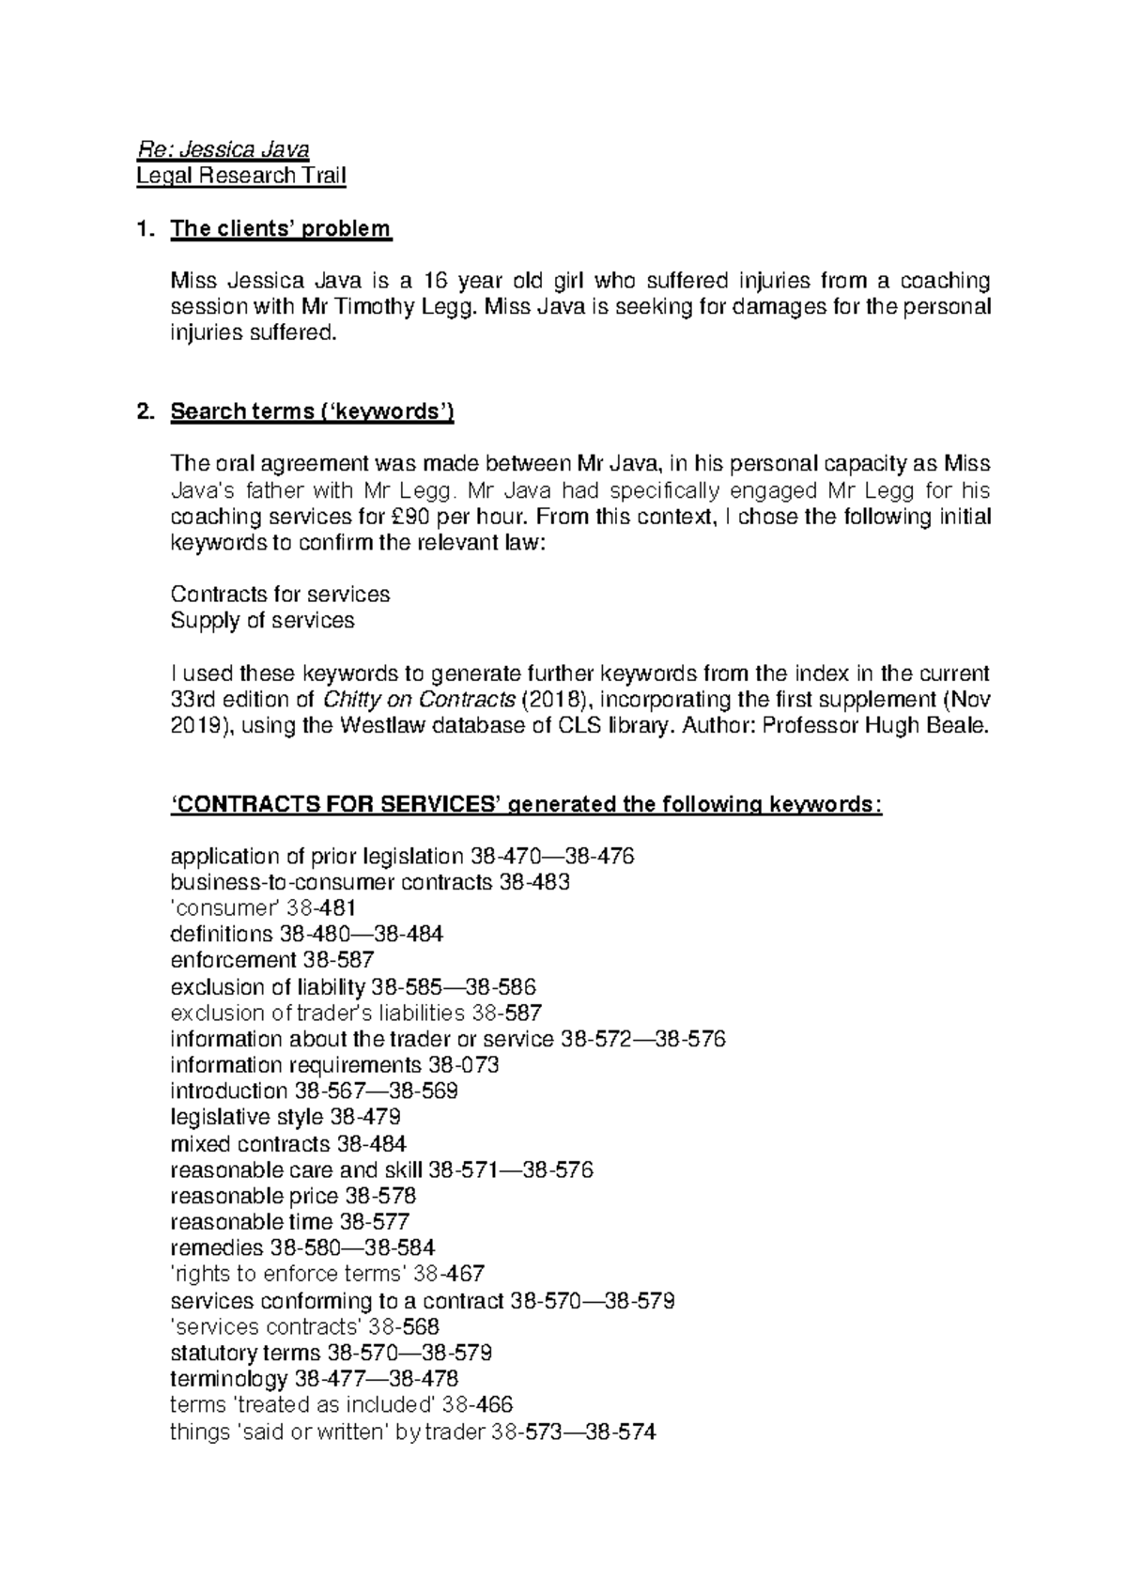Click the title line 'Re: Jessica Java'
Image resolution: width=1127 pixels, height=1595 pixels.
tap(223, 149)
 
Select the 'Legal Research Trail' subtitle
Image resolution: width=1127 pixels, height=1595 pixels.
tap(240, 176)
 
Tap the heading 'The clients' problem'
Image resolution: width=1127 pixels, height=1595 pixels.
tap(280, 228)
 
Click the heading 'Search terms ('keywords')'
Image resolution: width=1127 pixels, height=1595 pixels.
tap(312, 412)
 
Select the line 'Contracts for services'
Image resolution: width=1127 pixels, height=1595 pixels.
tap(280, 595)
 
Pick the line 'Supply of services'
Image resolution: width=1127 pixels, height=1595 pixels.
tap(262, 621)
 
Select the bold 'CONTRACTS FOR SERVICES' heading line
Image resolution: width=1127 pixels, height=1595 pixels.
tap(526, 805)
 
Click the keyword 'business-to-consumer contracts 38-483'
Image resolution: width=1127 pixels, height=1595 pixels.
tap(370, 882)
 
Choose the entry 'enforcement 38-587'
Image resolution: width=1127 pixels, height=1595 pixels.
tap(272, 960)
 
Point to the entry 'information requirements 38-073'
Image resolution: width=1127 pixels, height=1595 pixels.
tap(334, 1065)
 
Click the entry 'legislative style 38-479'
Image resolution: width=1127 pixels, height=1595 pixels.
tap(286, 1118)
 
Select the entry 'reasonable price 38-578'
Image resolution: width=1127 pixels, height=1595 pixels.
tap(293, 1196)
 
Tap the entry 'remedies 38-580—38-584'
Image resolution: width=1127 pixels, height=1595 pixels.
tap(302, 1248)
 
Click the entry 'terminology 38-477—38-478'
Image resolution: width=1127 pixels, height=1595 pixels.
tap(315, 1379)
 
